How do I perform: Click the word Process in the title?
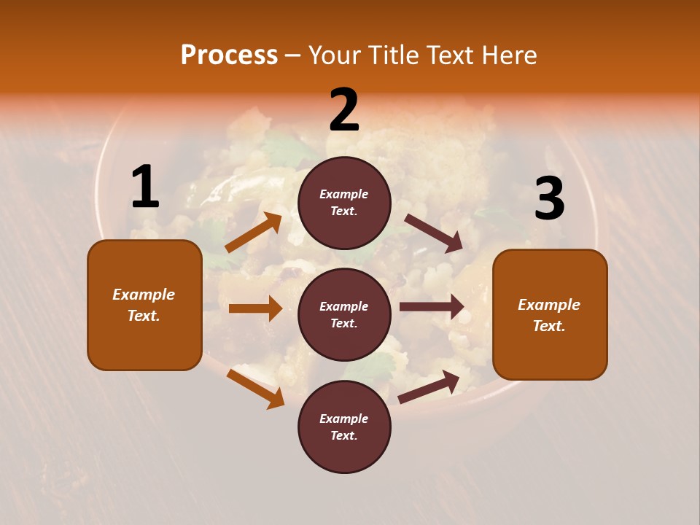[229, 55]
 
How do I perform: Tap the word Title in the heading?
[392, 55]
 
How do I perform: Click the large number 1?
[145, 187]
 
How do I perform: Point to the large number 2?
[344, 110]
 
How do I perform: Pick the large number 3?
[549, 199]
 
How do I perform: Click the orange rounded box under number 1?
[144, 305]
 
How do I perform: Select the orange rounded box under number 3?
[550, 315]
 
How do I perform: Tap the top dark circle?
[344, 203]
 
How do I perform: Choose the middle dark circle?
[344, 314]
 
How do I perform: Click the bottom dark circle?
[344, 427]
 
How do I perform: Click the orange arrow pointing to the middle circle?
[255, 308]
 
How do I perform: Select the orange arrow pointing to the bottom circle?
[255, 388]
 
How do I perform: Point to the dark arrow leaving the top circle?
[434, 233]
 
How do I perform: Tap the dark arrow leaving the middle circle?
[432, 307]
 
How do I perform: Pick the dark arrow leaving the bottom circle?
[429, 386]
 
